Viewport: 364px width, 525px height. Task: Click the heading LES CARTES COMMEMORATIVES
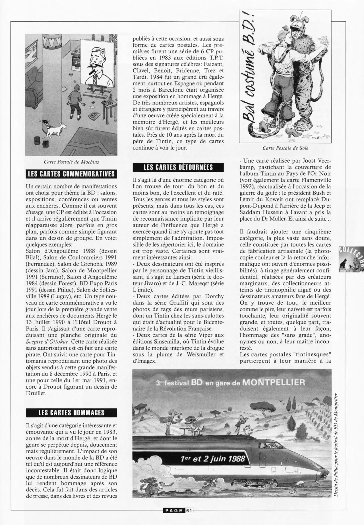click(71, 174)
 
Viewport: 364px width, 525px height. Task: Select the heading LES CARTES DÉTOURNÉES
click(178, 167)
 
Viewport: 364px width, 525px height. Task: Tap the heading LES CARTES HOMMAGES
click(71, 413)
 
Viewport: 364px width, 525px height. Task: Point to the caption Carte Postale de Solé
click(285, 148)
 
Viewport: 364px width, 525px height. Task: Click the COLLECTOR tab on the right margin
click(351, 259)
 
